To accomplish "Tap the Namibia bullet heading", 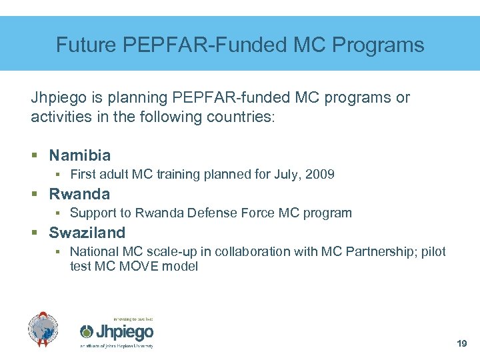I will (80, 156).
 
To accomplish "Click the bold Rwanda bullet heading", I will (79, 195).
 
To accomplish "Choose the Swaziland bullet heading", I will (87, 233).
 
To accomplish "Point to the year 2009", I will (321, 175).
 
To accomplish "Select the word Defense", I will (208, 213).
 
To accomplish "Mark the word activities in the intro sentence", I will (57, 117).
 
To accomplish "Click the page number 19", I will (460, 344).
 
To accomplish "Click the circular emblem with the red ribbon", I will (43, 329).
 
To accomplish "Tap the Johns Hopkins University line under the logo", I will (117, 347).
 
